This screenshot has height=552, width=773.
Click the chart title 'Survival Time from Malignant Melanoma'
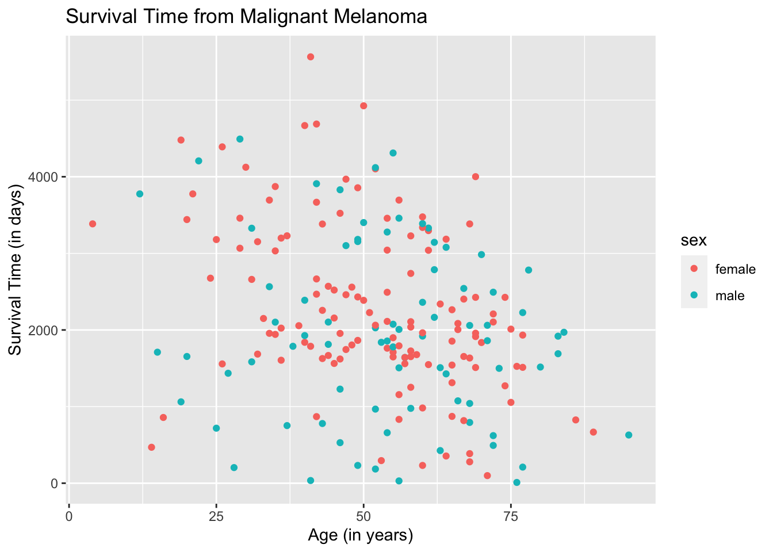[x=246, y=17]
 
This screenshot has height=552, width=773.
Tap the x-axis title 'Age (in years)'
[x=361, y=536]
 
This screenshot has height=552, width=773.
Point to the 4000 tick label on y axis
[x=43, y=177]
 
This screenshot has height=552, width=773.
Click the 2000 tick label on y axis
[x=43, y=330]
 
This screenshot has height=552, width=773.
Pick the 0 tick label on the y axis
[x=54, y=484]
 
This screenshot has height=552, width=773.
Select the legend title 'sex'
[x=694, y=240]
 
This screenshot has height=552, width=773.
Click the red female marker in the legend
[x=694, y=269]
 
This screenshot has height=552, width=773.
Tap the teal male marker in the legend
[x=694, y=295]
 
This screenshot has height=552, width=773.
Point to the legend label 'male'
[x=730, y=296]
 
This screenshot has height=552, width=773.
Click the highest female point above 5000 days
[x=311, y=57]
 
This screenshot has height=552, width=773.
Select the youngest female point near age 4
[x=93, y=224]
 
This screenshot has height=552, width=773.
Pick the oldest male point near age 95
[x=629, y=435]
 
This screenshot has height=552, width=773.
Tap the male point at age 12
[x=140, y=194]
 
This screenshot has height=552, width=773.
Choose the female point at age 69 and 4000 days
[x=476, y=177]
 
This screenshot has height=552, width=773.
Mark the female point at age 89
[x=594, y=432]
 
